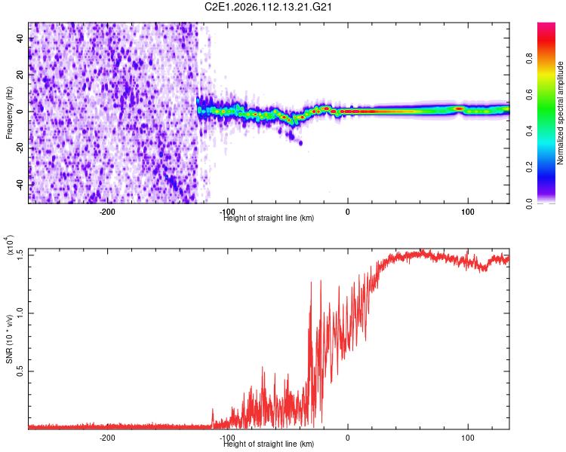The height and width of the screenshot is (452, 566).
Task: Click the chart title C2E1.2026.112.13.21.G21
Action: tap(269, 7)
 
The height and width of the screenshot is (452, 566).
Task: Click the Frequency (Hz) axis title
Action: tap(9, 113)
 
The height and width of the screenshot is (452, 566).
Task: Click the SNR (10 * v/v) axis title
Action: tap(10, 339)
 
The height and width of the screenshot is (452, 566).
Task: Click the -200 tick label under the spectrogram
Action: tap(106, 211)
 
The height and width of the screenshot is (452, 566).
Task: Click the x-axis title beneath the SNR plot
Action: tap(269, 444)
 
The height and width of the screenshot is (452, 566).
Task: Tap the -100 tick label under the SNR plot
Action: tap(226, 437)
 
